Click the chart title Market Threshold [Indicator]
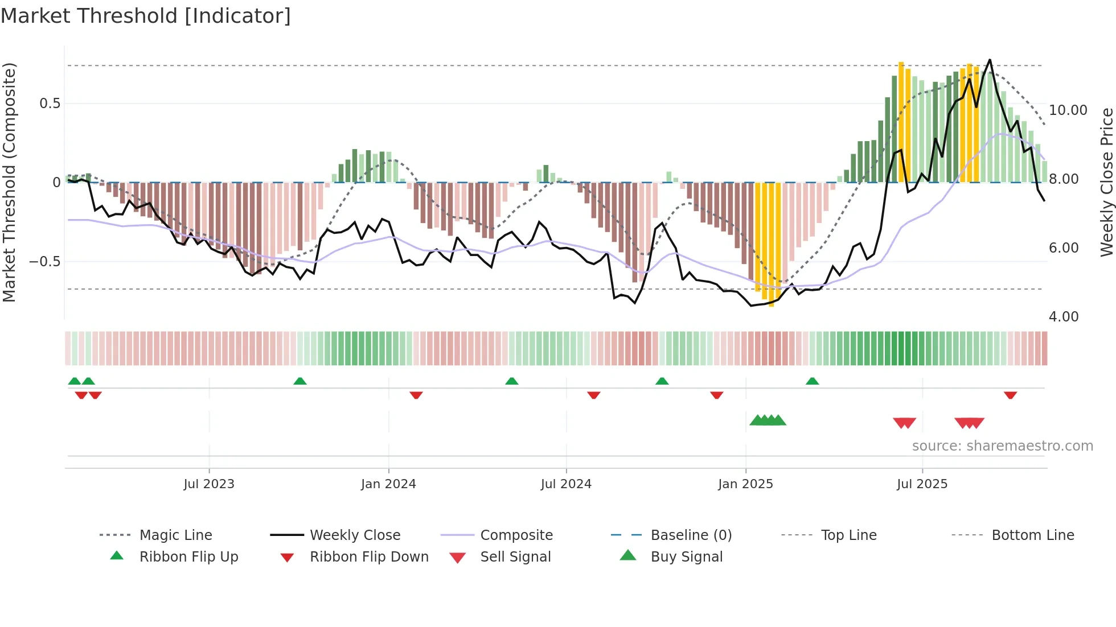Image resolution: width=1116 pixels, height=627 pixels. pyautogui.click(x=146, y=16)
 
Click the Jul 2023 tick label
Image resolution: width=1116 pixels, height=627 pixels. pyautogui.click(x=209, y=484)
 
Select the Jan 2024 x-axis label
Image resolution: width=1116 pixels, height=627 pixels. pyautogui.click(x=388, y=484)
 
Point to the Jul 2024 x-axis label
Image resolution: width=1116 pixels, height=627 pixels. pyautogui.click(x=566, y=484)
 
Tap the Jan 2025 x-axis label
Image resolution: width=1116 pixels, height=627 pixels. pyautogui.click(x=745, y=484)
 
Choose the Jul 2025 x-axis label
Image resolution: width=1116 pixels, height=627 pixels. pyautogui.click(x=922, y=484)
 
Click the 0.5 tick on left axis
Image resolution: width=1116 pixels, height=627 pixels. pyautogui.click(x=50, y=104)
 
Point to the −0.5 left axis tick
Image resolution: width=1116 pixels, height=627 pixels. pyautogui.click(x=45, y=262)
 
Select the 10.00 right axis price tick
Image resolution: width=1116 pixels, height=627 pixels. pyautogui.click(x=1068, y=110)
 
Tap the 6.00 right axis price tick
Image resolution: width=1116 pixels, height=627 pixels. pyautogui.click(x=1063, y=248)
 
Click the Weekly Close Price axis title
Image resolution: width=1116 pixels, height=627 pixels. pyautogui.click(x=1106, y=182)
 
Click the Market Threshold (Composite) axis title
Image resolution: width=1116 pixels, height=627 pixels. pyautogui.click(x=9, y=182)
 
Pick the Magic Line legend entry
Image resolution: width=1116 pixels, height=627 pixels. pyautogui.click(x=175, y=535)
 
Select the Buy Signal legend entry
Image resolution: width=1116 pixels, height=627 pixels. pyautogui.click(x=686, y=557)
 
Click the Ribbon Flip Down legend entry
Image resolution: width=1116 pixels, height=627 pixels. pyautogui.click(x=368, y=557)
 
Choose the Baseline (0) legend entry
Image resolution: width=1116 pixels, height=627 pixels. pyautogui.click(x=691, y=535)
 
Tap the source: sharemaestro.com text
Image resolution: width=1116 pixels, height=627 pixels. pyautogui.click(x=1002, y=446)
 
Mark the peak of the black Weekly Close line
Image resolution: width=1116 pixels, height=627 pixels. pyautogui.click(x=990, y=60)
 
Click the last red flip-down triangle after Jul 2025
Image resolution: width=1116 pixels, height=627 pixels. pyautogui.click(x=1011, y=395)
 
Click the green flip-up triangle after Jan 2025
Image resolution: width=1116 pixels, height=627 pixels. pyautogui.click(x=812, y=381)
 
